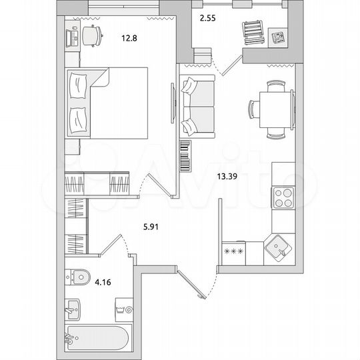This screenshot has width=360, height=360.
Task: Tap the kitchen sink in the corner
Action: (277, 250)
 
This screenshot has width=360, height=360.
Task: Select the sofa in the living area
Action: (197, 105)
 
